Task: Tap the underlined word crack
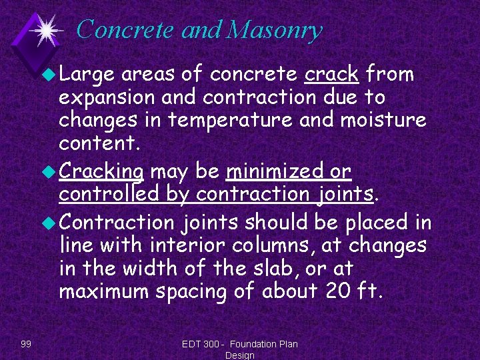(331, 74)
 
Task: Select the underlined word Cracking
(101, 172)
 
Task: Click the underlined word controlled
(109, 194)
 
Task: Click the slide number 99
(26, 343)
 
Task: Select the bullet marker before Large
(51, 74)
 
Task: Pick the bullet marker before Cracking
(51, 172)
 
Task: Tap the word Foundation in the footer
(255, 343)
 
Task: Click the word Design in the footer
(240, 355)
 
